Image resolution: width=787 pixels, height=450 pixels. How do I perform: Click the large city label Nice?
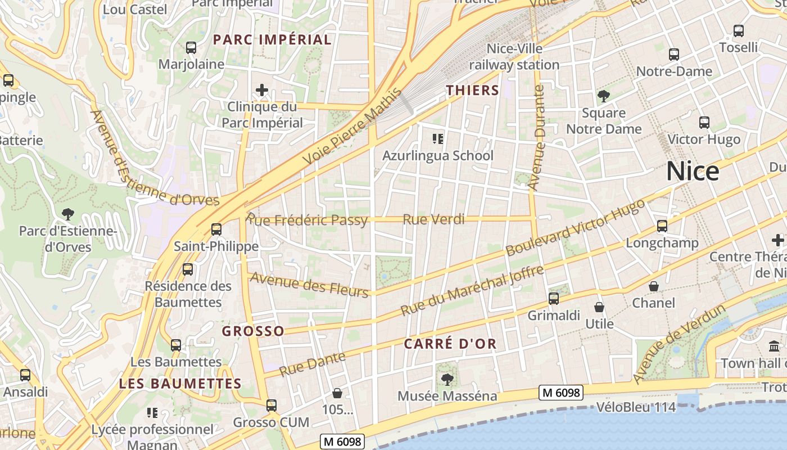click(692, 172)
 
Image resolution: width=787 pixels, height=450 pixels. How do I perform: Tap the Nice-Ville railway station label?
click(514, 57)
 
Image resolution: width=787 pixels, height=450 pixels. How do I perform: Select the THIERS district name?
click(472, 90)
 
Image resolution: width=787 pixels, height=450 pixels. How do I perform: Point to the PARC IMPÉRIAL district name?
click(273, 39)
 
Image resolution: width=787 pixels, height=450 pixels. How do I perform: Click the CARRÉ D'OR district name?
click(450, 344)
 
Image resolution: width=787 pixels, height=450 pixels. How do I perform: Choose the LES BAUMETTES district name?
click(180, 384)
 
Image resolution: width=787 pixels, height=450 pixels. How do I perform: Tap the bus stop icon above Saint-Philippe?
click(216, 229)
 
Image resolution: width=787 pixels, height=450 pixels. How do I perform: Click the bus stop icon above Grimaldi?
click(554, 299)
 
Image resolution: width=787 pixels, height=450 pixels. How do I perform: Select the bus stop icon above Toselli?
click(739, 31)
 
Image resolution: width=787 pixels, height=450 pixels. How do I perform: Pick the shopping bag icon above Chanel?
click(654, 286)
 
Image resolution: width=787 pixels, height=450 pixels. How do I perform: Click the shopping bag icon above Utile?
click(599, 307)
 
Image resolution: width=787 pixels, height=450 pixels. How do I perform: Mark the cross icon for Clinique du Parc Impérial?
click(261, 90)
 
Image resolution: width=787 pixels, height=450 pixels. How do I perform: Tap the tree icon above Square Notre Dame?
click(604, 96)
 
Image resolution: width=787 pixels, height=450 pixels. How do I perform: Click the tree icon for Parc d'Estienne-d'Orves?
click(68, 214)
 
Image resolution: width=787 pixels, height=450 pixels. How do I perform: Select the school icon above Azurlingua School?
click(437, 138)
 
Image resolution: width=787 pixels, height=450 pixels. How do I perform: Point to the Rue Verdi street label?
click(434, 219)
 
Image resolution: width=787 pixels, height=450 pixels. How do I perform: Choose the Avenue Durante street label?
click(538, 138)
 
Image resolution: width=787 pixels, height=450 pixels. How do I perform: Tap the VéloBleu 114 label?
click(636, 407)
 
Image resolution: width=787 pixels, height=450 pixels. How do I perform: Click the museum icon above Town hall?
click(774, 346)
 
